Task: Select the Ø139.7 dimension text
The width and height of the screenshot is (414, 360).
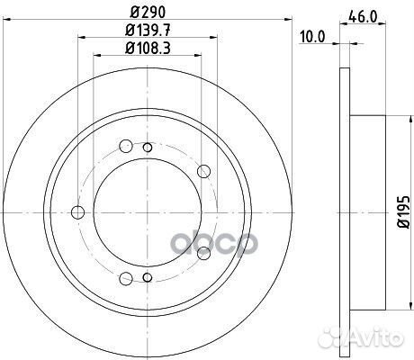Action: coord(146,33)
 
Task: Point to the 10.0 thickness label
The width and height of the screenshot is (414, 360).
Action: coord(313,38)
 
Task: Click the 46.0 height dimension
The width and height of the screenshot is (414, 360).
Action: coord(362,15)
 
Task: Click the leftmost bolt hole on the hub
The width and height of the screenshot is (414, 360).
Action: coord(77,212)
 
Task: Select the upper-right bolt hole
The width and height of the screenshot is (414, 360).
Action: coord(202,171)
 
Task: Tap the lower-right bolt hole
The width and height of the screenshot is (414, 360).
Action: coord(202,253)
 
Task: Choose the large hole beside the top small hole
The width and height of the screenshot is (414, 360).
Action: coord(146,145)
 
